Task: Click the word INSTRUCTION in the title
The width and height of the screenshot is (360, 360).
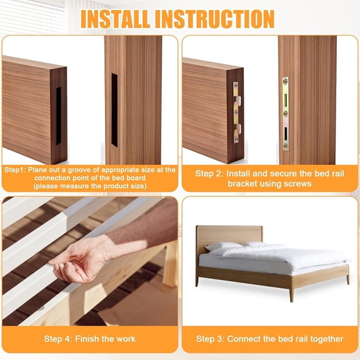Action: (x=216, y=18)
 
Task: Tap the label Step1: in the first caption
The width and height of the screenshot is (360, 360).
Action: (x=17, y=170)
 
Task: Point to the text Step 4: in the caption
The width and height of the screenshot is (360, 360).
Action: (x=60, y=339)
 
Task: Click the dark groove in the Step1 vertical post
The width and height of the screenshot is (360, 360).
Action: (x=114, y=109)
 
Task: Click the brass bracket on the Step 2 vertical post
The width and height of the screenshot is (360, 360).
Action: (x=286, y=112)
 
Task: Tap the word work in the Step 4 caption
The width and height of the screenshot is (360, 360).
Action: (x=125, y=339)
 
